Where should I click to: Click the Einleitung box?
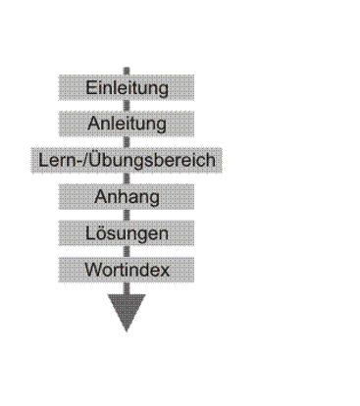click(127, 87)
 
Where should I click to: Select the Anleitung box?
click(127, 124)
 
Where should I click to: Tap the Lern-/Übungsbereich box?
click(127, 160)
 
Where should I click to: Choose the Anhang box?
click(127, 197)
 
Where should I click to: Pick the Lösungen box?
click(127, 233)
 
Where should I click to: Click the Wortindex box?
click(127, 270)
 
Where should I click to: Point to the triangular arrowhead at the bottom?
click(127, 311)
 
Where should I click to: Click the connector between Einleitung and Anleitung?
click(127, 106)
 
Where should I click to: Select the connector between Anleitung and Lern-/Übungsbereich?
click(127, 142)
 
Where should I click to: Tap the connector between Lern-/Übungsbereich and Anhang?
click(127, 178)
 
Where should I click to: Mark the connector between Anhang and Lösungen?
click(127, 215)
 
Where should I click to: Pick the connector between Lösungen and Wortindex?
click(127, 251)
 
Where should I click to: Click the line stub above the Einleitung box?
click(127, 71)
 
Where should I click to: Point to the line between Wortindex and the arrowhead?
click(127, 288)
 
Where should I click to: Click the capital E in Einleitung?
click(90, 87)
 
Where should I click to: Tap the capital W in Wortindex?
click(93, 270)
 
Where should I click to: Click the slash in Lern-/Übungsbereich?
click(86, 160)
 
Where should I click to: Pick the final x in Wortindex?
click(165, 272)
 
